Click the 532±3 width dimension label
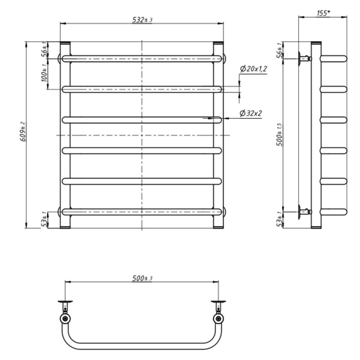point(142,20)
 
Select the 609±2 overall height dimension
point(23,131)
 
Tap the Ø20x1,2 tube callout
point(253,69)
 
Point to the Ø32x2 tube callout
point(251,113)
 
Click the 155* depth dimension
point(323,13)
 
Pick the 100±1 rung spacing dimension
point(44,72)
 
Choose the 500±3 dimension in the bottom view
point(142,278)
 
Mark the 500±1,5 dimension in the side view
point(280,135)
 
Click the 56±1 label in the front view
point(44,49)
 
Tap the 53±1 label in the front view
point(44,220)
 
